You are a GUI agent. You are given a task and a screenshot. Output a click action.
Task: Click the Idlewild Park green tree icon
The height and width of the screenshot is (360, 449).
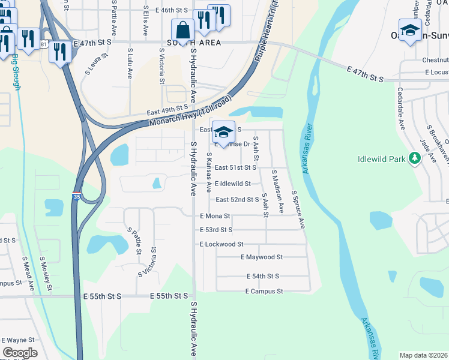(x=414, y=158)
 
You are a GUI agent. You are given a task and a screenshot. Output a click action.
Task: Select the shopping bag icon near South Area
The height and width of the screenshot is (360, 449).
(x=182, y=30)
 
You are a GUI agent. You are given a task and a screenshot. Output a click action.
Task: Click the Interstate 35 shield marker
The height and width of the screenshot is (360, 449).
(x=77, y=196)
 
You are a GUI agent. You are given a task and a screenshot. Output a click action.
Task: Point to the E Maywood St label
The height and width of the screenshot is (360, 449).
(x=261, y=257)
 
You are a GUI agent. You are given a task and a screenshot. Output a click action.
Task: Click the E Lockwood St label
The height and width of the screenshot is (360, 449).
(x=221, y=244)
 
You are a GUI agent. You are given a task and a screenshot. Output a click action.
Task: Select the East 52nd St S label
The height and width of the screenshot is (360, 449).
(x=237, y=199)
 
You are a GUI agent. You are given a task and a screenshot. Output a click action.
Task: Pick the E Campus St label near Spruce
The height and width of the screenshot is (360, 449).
(x=264, y=291)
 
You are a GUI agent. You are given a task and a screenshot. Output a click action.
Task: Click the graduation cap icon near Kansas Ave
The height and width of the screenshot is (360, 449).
(x=223, y=133)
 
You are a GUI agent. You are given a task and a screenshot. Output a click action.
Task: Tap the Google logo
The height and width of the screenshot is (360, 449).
(x=20, y=353)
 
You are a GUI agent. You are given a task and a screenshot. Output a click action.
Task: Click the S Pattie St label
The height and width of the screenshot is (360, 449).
(x=133, y=241)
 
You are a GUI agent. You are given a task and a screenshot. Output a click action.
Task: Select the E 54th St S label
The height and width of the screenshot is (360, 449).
(x=263, y=276)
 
